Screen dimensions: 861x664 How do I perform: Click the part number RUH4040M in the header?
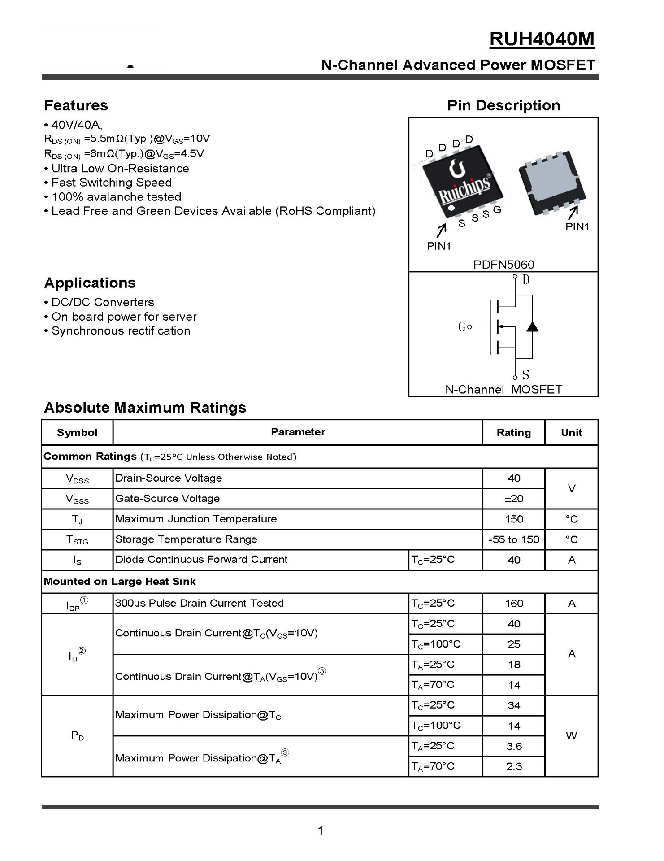point(542,39)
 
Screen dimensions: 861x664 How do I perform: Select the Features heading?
point(76,105)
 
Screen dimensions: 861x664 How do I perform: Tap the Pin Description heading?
point(503,105)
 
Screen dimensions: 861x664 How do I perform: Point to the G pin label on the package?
point(497,209)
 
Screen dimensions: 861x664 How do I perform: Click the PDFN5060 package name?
point(503,265)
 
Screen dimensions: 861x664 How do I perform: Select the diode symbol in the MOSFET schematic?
point(532,326)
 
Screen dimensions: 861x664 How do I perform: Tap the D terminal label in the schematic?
point(526,280)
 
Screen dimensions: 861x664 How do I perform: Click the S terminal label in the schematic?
point(526,374)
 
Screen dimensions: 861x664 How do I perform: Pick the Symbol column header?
point(77,433)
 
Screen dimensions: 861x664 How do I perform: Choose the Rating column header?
point(514,433)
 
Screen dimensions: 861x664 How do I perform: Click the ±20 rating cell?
point(514,499)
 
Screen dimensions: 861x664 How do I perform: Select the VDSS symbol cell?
point(77,478)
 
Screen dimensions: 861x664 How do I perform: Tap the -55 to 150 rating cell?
point(514,539)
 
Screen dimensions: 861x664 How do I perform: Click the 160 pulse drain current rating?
point(514,604)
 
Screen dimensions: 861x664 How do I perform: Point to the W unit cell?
point(571,736)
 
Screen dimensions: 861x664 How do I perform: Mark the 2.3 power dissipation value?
point(514,767)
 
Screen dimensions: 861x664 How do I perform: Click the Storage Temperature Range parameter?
point(186,539)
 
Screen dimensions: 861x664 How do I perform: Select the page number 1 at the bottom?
point(320,831)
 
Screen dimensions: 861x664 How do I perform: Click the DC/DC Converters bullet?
point(103,302)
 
